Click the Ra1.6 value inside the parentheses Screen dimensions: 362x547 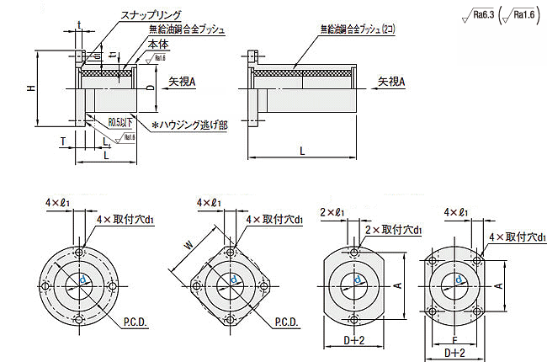click(x=525, y=13)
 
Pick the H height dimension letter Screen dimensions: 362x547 click(x=31, y=88)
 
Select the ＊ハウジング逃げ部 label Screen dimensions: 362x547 click(x=192, y=125)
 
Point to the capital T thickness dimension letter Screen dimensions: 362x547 click(x=63, y=141)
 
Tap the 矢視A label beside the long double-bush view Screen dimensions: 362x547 click(x=391, y=82)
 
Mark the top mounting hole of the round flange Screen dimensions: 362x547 click(x=79, y=252)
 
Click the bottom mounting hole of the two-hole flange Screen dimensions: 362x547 click(x=353, y=321)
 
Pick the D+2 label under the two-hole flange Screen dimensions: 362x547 click(x=354, y=339)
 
